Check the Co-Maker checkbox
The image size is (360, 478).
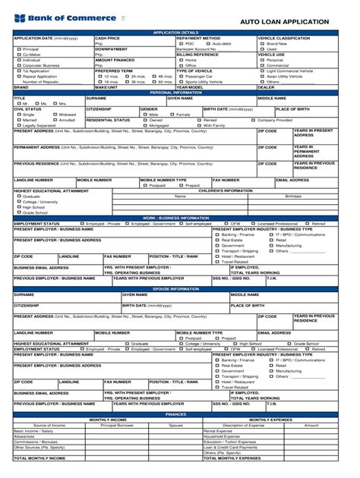pos(17,54)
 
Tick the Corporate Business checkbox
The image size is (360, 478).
pos(17,65)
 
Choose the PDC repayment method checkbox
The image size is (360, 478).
pos(181,43)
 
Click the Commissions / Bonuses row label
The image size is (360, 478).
pos(35,442)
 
